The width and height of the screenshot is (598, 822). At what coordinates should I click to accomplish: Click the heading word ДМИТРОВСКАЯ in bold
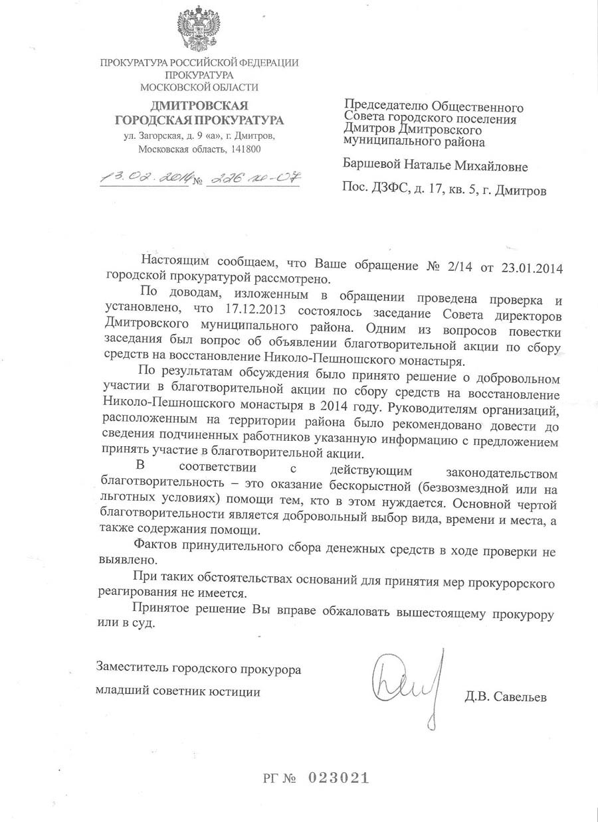199,106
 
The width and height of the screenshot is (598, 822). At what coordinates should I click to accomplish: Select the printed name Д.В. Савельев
506,697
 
